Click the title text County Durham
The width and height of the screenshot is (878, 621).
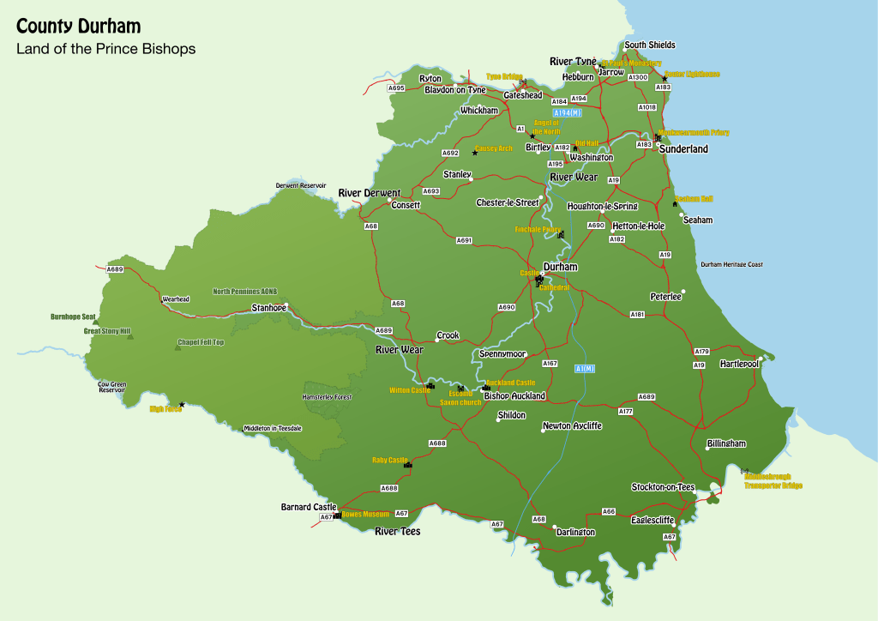point(78,27)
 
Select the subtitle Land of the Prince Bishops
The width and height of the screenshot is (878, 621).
point(105,49)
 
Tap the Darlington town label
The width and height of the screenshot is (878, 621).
point(575,533)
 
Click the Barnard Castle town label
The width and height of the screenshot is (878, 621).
point(309,507)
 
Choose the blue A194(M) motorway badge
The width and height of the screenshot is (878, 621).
point(567,113)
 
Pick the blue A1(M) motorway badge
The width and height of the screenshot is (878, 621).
point(584,369)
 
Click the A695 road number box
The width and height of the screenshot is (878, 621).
point(396,88)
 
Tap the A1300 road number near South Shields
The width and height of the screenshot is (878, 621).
point(638,78)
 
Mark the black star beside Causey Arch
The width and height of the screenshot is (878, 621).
point(475,153)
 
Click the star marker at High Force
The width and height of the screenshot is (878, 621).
point(182,404)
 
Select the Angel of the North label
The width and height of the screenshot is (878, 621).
point(546,127)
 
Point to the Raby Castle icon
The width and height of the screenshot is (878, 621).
point(407,465)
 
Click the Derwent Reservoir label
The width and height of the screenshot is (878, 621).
point(301,185)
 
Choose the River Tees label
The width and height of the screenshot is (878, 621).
point(398,532)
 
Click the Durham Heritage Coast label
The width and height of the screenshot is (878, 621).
point(731,265)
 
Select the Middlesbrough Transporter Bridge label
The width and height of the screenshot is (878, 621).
point(773,481)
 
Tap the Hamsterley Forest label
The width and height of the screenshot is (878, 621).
point(328,397)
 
